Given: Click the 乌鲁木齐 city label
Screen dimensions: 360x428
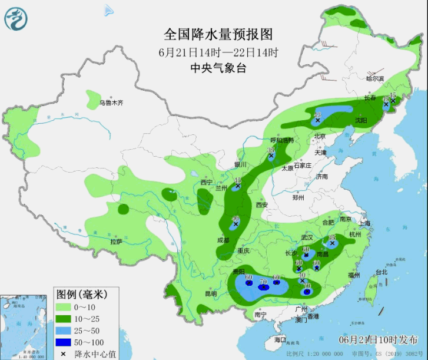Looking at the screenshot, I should [111, 103].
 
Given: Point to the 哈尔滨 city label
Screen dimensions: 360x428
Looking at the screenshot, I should [375, 78].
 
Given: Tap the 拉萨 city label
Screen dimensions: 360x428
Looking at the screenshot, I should [116, 242].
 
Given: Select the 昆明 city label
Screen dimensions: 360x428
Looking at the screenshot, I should [210, 293].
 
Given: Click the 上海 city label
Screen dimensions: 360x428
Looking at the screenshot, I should [364, 223].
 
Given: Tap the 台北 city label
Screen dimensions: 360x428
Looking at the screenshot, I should [381, 272].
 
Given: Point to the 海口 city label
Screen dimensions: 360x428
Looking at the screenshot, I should [280, 340].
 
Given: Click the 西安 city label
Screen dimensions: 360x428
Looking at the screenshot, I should [261, 205].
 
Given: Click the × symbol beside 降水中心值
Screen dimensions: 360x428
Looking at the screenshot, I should [64, 354].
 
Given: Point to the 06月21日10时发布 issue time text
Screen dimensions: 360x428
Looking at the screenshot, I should [379, 341].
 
